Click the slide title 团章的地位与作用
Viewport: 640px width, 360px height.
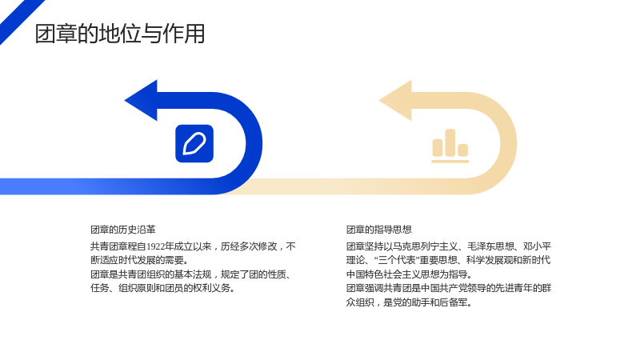pyautogui.click(x=119, y=34)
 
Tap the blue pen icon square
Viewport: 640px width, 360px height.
pyautogui.click(x=194, y=144)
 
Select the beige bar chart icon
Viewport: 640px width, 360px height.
pyautogui.click(x=450, y=146)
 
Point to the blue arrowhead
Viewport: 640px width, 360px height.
pyautogui.click(x=141, y=101)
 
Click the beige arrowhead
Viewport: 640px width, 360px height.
pyautogui.click(x=395, y=101)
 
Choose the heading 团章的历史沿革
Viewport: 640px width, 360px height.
pyautogui.click(x=123, y=230)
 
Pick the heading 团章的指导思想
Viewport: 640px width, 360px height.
pyautogui.click(x=378, y=230)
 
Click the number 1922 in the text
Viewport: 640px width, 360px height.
pyautogui.click(x=155, y=246)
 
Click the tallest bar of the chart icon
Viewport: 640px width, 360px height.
pyautogui.click(x=450, y=143)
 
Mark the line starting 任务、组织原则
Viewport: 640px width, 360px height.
pyautogui.click(x=162, y=288)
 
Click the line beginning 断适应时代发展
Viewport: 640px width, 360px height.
pyautogui.click(x=139, y=260)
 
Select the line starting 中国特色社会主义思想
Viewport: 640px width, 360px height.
pyautogui.click(x=409, y=274)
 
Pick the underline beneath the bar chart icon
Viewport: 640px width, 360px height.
pyautogui.click(x=450, y=162)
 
